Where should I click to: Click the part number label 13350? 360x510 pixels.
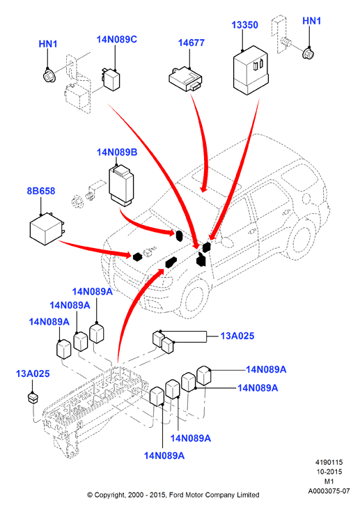click(244, 25)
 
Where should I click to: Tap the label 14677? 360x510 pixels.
click(191, 42)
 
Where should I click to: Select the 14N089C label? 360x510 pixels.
click(117, 39)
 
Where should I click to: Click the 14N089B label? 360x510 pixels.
click(117, 152)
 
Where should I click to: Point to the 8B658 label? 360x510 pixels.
click(41, 191)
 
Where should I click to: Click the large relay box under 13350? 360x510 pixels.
click(251, 71)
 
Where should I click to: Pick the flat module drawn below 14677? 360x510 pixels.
click(185, 79)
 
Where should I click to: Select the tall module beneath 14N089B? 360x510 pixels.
click(121, 185)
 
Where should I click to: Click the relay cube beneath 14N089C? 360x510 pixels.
click(111, 79)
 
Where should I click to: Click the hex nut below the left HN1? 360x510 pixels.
click(49, 77)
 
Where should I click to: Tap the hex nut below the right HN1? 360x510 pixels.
click(308, 54)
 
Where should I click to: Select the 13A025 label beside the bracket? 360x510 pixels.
click(237, 336)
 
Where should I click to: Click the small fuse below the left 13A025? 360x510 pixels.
click(33, 398)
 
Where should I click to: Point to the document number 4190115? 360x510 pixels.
click(329, 462)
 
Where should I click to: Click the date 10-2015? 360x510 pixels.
click(329, 472)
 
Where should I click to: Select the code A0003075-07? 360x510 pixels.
click(329, 490)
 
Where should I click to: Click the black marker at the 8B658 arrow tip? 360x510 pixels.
click(138, 256)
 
